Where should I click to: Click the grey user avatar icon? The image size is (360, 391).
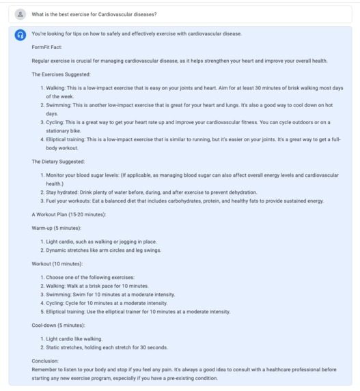coord(20,14)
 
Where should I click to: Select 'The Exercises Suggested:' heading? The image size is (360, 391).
coord(61,74)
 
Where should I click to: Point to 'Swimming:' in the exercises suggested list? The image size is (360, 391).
coord(59,105)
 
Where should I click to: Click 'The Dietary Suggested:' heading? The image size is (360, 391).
coord(58,162)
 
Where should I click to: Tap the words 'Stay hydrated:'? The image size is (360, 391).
coord(64,192)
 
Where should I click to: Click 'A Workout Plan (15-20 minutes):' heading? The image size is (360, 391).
coord(68,215)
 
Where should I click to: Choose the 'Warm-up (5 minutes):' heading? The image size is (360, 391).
coord(56,228)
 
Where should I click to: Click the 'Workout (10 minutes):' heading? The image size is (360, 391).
coord(57,263)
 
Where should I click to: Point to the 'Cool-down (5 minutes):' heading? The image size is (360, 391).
coord(58,325)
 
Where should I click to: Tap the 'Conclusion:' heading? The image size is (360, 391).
coord(45,361)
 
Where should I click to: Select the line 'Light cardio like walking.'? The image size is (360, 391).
coord(74,339)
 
